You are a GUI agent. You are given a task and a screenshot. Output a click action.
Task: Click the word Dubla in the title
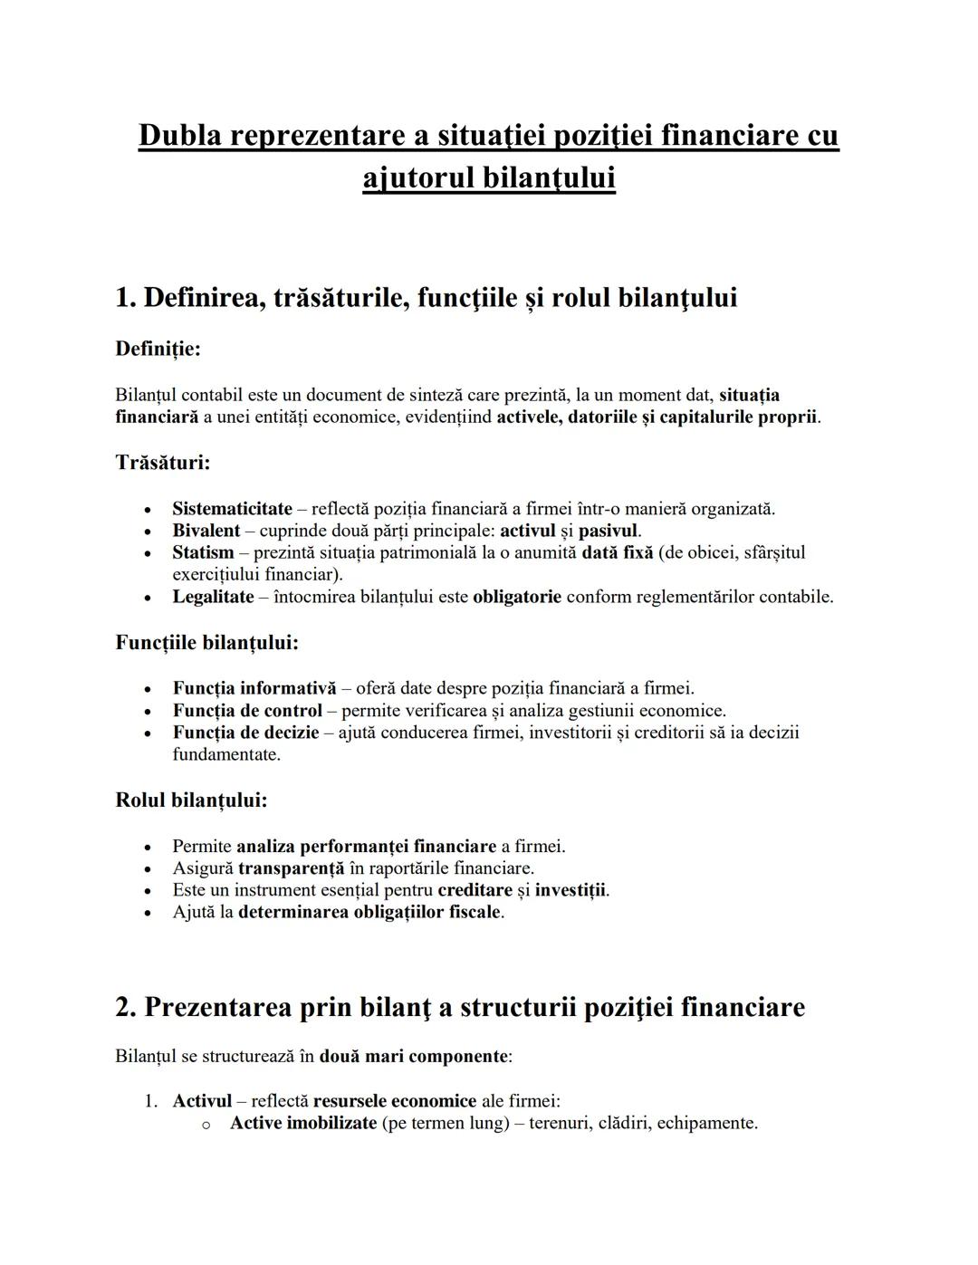point(180,135)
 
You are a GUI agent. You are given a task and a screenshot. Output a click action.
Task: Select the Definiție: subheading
point(158,349)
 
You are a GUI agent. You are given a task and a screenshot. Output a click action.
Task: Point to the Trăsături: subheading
point(162,463)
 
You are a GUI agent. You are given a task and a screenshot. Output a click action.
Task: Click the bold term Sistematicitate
point(232,509)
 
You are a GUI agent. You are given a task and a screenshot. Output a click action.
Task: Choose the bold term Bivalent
point(206,531)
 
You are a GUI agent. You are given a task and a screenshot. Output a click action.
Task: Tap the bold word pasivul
point(609,531)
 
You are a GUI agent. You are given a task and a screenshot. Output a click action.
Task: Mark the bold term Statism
point(203,552)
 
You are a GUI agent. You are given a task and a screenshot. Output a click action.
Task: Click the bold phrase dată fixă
point(617,552)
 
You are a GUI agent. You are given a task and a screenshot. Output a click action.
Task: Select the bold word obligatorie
point(516,597)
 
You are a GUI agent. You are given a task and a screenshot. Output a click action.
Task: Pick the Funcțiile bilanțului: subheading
point(206,643)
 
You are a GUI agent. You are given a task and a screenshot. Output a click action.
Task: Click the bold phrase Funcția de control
point(247,711)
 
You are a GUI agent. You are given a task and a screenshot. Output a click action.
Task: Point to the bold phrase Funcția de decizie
point(245,733)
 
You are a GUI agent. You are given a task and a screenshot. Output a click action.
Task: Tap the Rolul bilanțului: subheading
point(191,800)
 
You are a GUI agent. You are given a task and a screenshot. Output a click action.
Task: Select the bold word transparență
point(292,868)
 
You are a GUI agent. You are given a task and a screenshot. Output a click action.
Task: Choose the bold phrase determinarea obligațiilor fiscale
point(369,912)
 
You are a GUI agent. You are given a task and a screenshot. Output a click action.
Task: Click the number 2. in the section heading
point(126,1007)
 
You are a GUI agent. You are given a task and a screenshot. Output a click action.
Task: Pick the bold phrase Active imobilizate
point(302,1123)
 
